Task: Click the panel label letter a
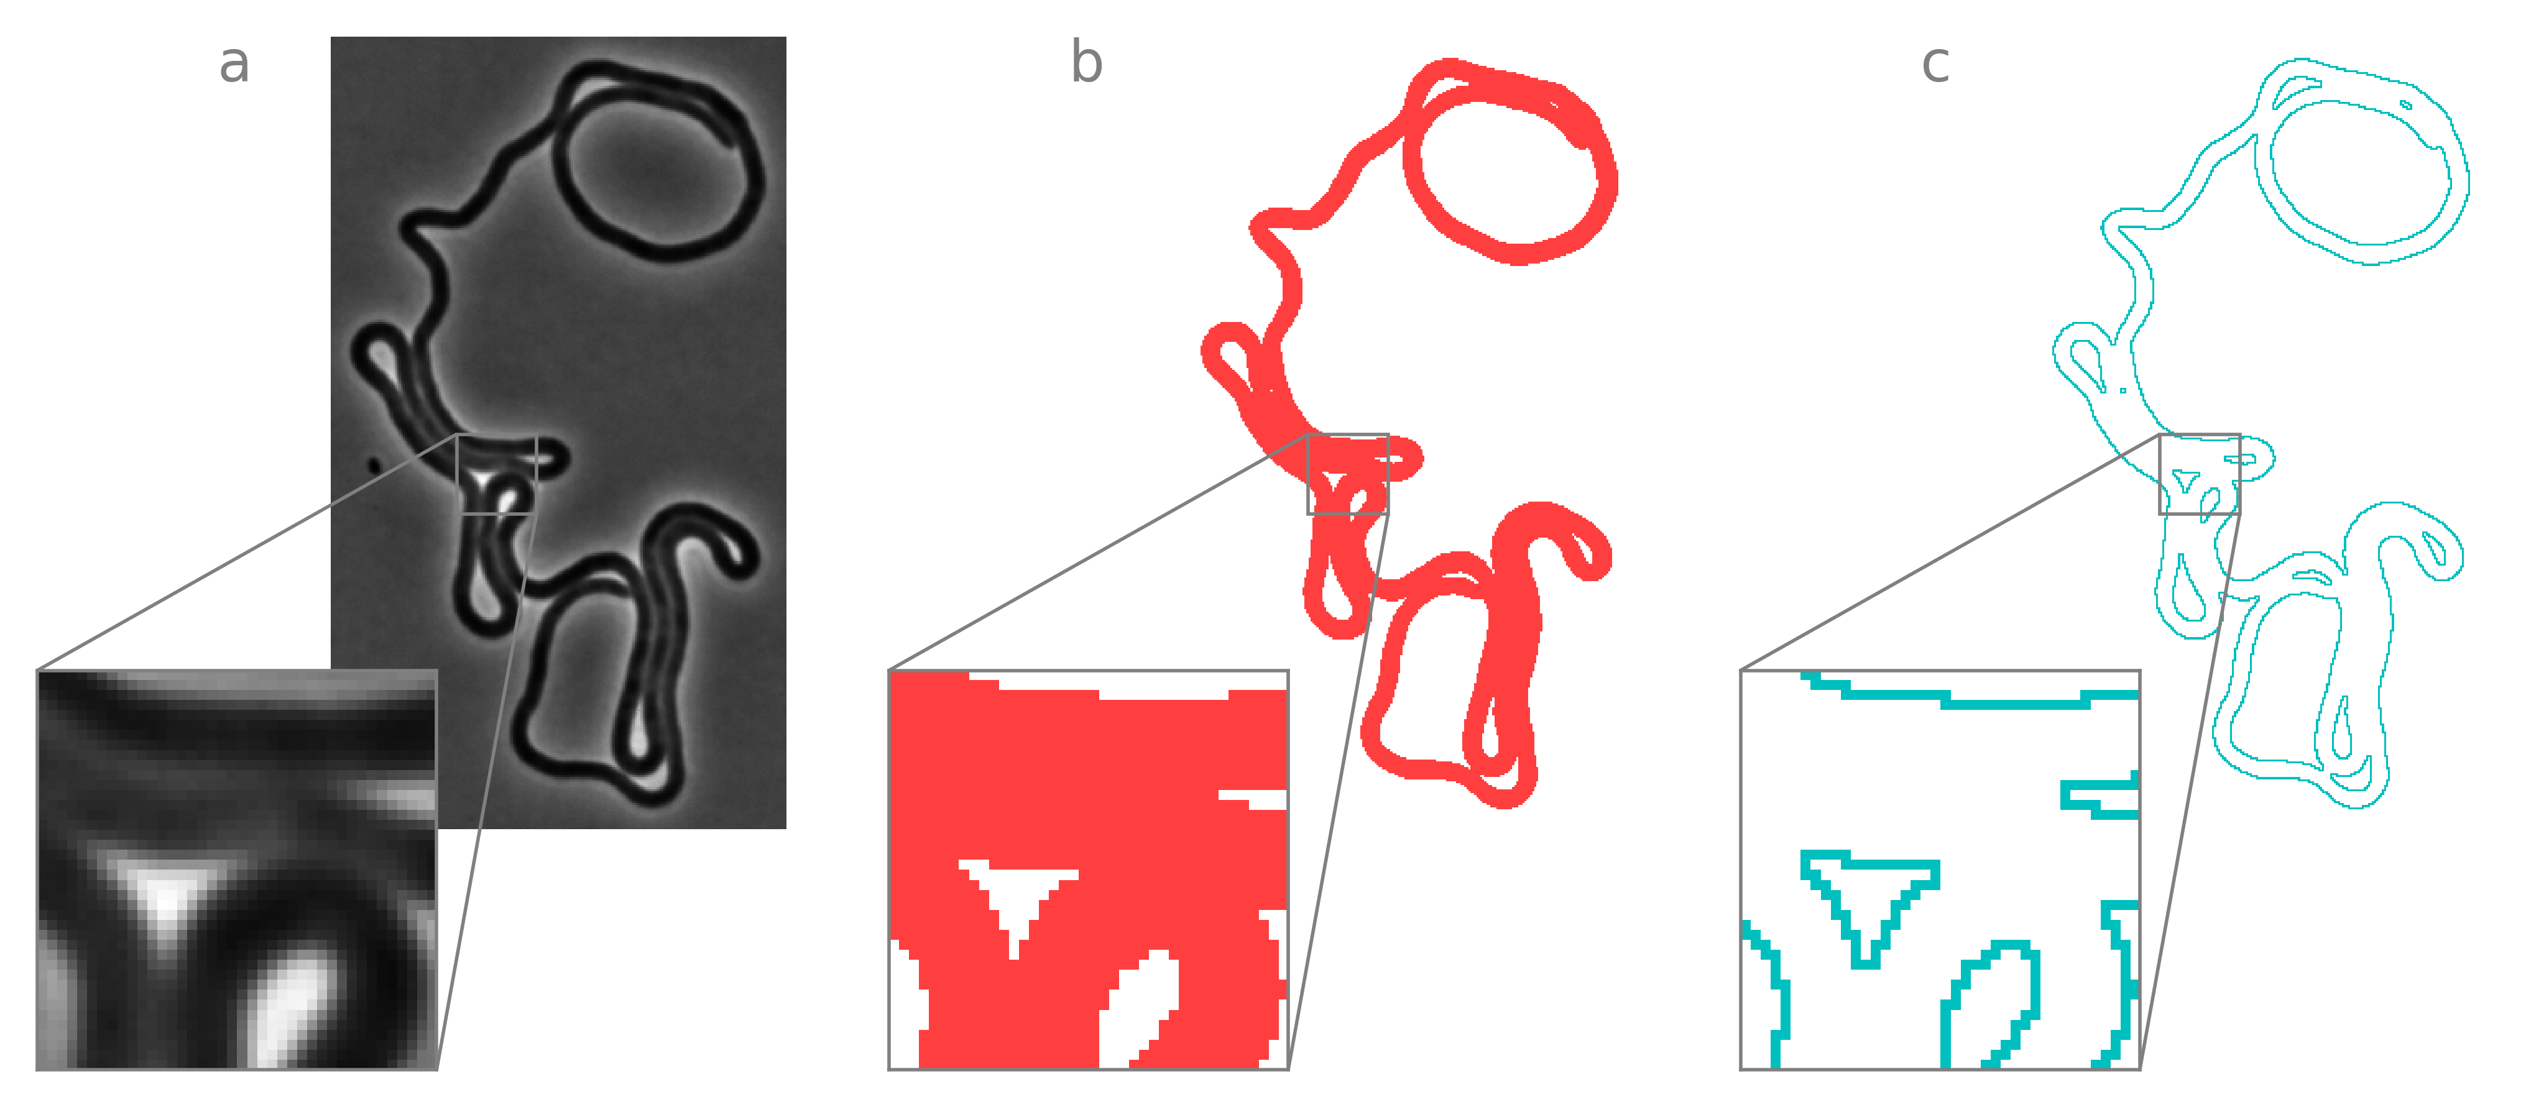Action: pyautogui.click(x=234, y=65)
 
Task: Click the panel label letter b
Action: pyautogui.click(x=1087, y=61)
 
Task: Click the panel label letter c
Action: pyautogui.click(x=1935, y=65)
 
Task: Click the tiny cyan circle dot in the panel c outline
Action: pyautogui.click(x=2123, y=390)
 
